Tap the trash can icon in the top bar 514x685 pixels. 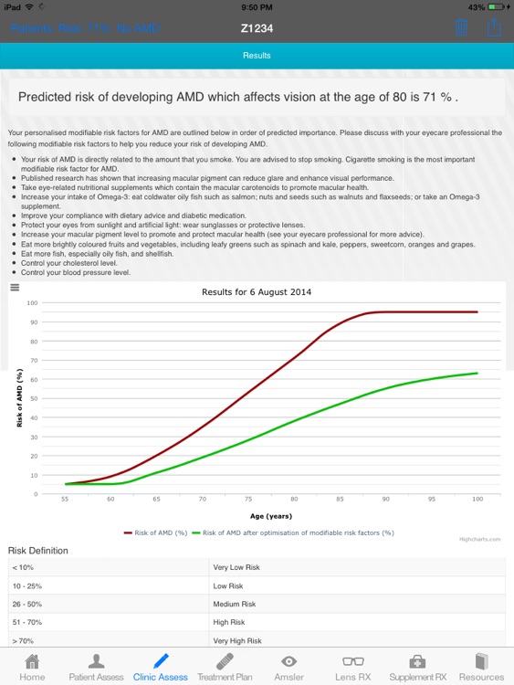(x=461, y=27)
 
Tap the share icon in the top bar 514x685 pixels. (x=494, y=26)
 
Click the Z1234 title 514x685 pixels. (x=257, y=28)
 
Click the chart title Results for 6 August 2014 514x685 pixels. (x=257, y=291)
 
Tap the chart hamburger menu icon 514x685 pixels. (x=14, y=287)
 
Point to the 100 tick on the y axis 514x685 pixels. (x=32, y=302)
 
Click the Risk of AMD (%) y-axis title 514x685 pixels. (x=19, y=398)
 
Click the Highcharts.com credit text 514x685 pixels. (x=479, y=539)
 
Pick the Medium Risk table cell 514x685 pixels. (x=235, y=603)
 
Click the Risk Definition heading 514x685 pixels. (x=37, y=551)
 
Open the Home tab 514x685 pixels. (x=32, y=667)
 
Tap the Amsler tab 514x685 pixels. (x=288, y=667)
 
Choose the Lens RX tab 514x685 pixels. (x=351, y=667)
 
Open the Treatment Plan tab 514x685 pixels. (x=225, y=667)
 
